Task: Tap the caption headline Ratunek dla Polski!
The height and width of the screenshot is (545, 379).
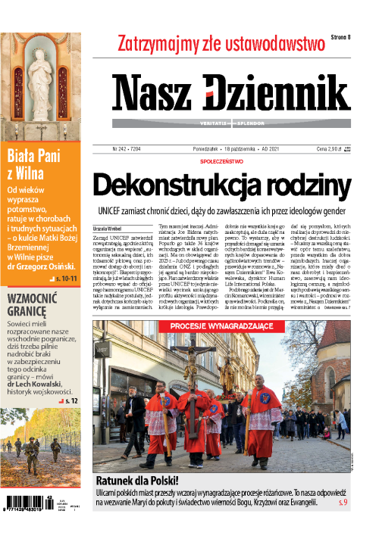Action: pyautogui.click(x=137, y=480)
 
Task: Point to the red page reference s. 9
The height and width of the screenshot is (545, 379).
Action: pyautogui.click(x=342, y=501)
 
